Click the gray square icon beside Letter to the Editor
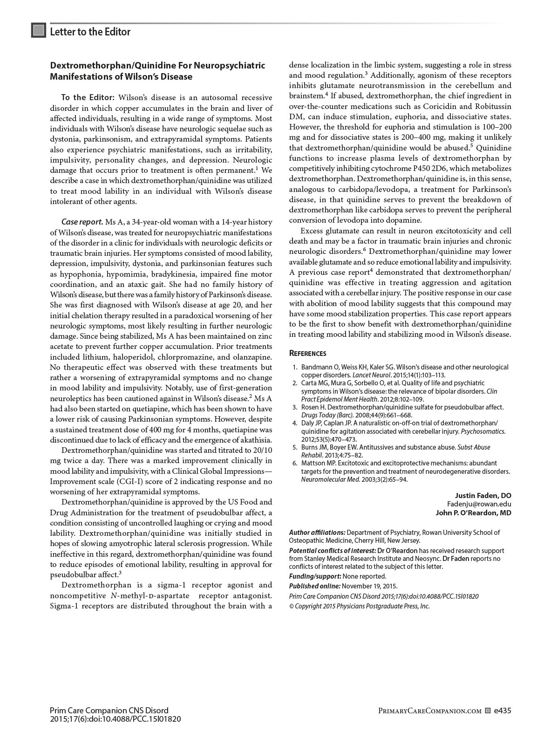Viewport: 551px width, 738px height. click(39, 31)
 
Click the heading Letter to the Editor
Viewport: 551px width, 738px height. click(90, 32)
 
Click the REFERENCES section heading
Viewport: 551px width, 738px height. click(307, 354)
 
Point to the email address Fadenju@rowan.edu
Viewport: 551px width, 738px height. click(479, 504)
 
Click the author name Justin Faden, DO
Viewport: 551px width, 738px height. click(483, 495)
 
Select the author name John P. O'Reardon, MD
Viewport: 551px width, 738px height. click(473, 512)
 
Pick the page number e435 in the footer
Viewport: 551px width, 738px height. click(503, 711)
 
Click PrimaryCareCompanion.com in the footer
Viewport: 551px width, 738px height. click(429, 711)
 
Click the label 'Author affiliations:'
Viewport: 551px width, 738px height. click(317, 533)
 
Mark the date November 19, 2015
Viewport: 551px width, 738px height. click(370, 586)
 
